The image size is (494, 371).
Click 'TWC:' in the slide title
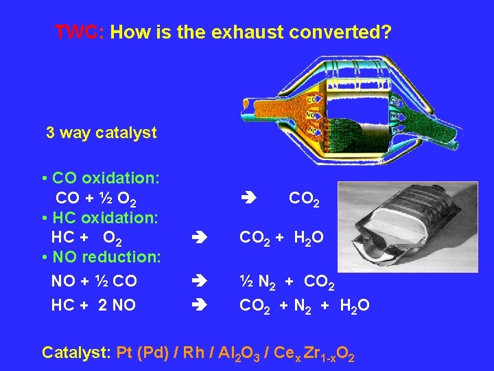(x=78, y=32)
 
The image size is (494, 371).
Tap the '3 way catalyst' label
(x=101, y=133)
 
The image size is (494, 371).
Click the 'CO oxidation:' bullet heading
(x=101, y=178)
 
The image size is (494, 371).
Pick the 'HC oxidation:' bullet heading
(x=101, y=218)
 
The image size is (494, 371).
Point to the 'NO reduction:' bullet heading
(x=101, y=257)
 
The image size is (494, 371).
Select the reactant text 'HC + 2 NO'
(x=93, y=305)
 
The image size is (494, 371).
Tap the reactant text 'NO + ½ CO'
(x=94, y=281)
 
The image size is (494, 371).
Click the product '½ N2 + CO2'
(x=287, y=282)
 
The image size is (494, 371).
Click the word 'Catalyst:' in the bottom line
(x=76, y=353)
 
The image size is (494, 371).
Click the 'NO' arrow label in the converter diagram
(x=311, y=115)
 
